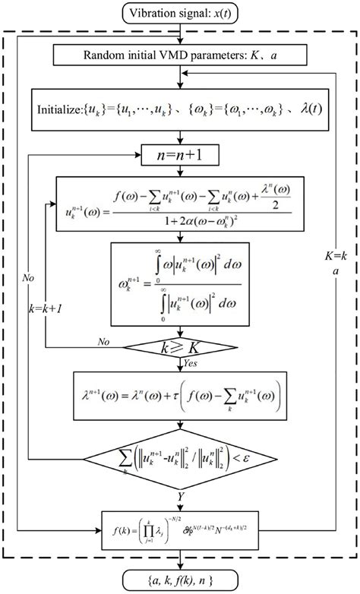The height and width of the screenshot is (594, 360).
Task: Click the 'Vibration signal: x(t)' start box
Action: point(180,11)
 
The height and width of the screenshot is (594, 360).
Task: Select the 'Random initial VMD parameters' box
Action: point(179,55)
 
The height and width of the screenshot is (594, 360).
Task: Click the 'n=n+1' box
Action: point(179,157)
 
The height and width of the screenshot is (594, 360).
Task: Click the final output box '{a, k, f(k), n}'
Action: point(181,581)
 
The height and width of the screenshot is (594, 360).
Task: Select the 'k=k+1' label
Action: point(45,312)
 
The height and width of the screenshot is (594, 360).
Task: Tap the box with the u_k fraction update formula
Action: point(180,204)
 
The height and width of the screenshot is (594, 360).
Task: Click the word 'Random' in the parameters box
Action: point(94,55)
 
